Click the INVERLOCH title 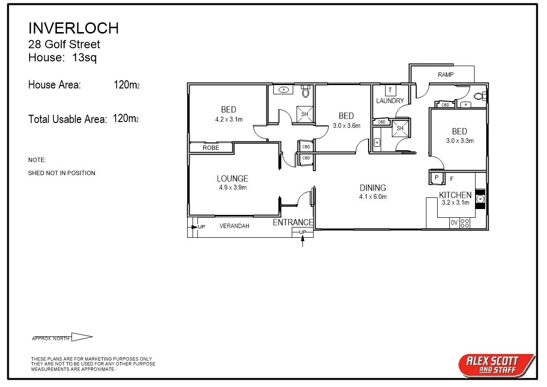[73, 28]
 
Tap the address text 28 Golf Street [64, 44]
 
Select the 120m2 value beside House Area [126, 85]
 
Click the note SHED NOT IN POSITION [62, 173]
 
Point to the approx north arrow [82, 337]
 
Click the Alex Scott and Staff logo [495, 365]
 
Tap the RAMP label [445, 75]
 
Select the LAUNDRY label [390, 101]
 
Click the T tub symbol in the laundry [390, 90]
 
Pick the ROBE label [211, 148]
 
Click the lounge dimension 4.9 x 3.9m [232, 188]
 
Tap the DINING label [373, 188]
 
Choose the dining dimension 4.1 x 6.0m [373, 197]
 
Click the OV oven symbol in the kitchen [454, 223]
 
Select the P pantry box [437, 178]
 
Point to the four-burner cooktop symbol [465, 223]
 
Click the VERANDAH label [234, 226]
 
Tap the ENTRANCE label [293, 223]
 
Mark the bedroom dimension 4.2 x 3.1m [229, 119]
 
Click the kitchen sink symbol [480, 199]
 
